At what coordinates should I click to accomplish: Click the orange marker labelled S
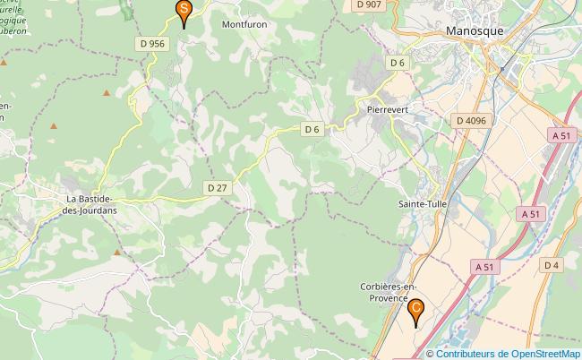tap(184, 12)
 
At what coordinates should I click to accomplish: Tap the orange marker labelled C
tap(415, 311)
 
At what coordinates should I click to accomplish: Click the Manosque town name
tap(474, 30)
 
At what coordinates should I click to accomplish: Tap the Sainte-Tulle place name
tap(424, 204)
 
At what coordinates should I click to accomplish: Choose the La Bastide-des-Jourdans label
tap(92, 204)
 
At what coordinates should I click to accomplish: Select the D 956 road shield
tap(153, 43)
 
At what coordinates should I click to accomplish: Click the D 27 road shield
tap(218, 188)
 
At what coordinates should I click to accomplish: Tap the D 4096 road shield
tap(471, 120)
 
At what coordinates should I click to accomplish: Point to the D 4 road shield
tap(550, 264)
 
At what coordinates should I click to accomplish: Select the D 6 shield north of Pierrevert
tap(398, 63)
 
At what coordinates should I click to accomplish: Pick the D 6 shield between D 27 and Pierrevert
tap(312, 130)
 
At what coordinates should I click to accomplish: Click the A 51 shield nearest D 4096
tap(561, 135)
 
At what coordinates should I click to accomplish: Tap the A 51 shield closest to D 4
tap(485, 267)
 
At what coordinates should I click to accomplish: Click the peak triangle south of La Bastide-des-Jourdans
tap(117, 253)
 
